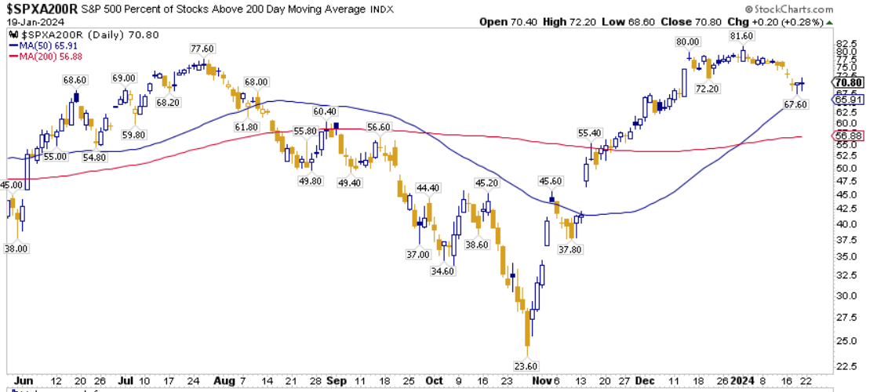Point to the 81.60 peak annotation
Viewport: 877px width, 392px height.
[x=742, y=36]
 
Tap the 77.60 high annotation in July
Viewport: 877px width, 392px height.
[x=202, y=48]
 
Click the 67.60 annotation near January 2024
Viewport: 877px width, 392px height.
[x=795, y=104]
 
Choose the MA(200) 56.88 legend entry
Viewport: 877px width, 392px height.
[x=46, y=56]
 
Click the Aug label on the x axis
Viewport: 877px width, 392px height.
[x=224, y=381]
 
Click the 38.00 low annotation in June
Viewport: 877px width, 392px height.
[x=17, y=249]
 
